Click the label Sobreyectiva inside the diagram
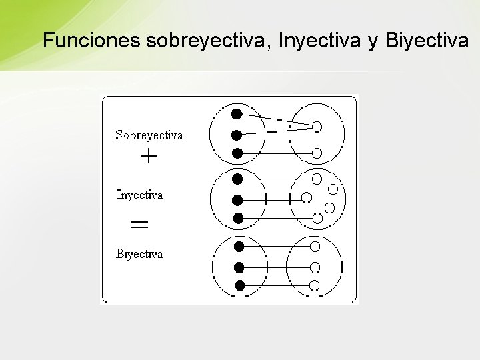click(149, 135)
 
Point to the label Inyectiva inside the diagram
click(140, 195)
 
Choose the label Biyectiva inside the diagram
click(139, 254)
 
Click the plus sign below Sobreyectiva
click(149, 157)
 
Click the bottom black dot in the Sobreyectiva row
click(237, 153)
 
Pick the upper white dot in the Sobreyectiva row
click(317, 125)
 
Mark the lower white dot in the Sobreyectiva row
click(317, 153)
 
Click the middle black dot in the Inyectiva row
click(237, 199)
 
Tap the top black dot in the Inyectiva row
click(237, 178)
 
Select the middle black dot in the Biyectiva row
click(239, 267)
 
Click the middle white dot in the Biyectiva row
click(315, 267)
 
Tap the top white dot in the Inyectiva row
click(316, 178)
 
